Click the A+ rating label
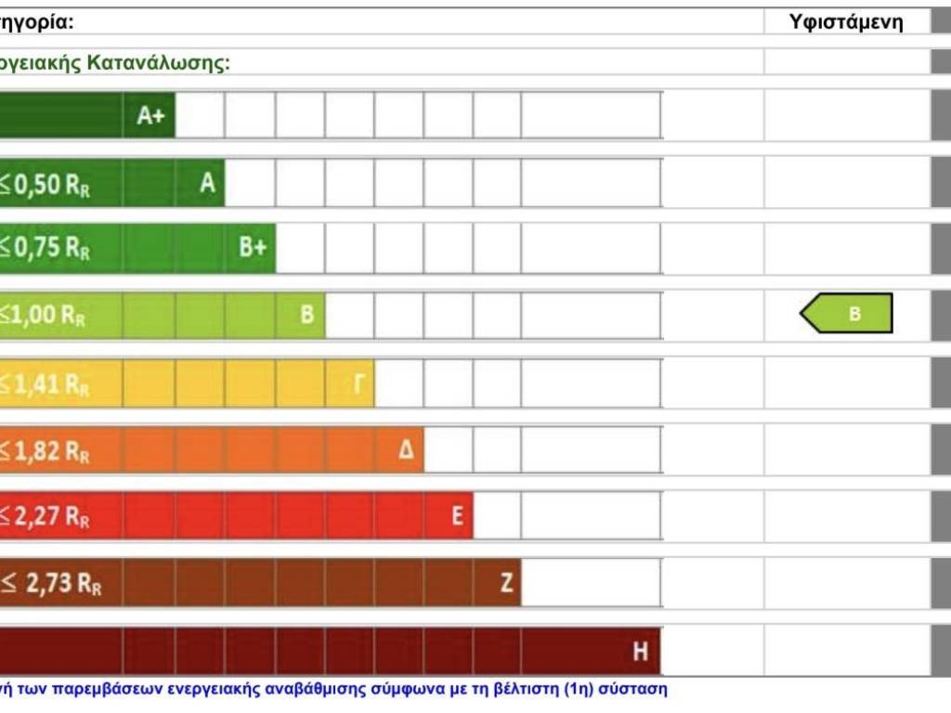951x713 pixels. (x=150, y=116)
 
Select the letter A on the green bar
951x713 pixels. (x=207, y=183)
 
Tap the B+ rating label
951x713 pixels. (x=253, y=249)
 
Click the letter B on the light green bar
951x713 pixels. (x=306, y=315)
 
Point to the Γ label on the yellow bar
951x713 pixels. (x=358, y=382)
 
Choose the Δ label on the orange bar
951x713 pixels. (x=406, y=450)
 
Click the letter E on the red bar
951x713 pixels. (x=457, y=516)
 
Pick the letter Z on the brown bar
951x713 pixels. (x=506, y=583)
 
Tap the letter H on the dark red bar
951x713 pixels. (x=640, y=652)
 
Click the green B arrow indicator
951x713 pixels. (x=847, y=314)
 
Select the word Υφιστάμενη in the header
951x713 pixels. (x=846, y=22)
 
